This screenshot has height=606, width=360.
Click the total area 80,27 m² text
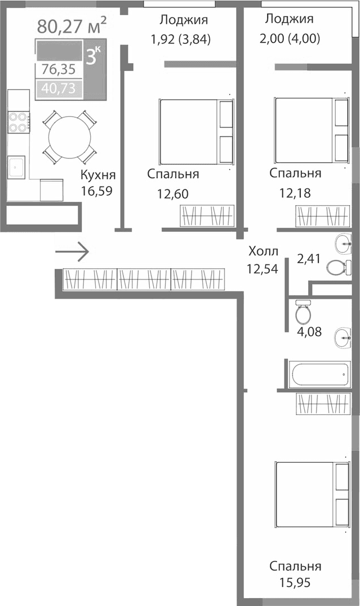coord(72,25)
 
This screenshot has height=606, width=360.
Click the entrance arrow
coord(72,251)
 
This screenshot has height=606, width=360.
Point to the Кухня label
coord(98,174)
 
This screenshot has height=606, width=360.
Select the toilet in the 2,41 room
coord(337,267)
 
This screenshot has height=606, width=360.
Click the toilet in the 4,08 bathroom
coord(304,312)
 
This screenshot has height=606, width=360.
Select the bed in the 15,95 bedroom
coord(312,495)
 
